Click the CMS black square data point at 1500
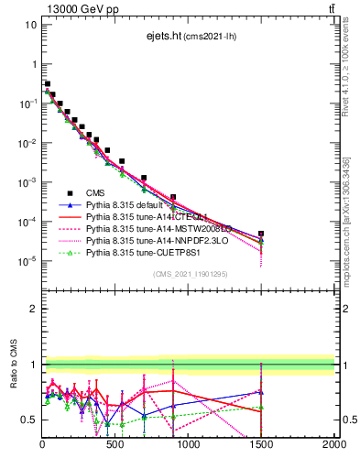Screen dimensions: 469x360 [x=261, y=234]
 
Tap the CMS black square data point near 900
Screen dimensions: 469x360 [x=173, y=197]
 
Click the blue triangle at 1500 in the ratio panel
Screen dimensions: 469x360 [x=261, y=392]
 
